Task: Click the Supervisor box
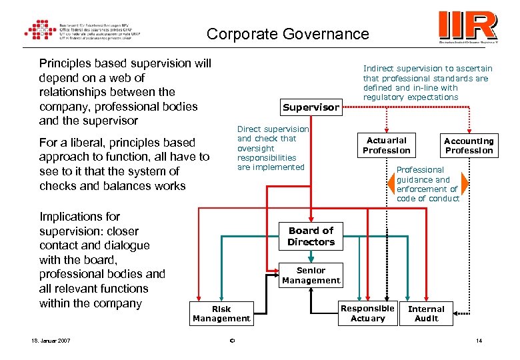[311, 107]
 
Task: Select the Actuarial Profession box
[387, 145]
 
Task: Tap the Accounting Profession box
[469, 145]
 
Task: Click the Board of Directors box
[311, 236]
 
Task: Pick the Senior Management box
[311, 275]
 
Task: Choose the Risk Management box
[221, 313]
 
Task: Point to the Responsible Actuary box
[367, 313]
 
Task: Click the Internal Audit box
[426, 313]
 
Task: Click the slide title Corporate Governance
[287, 34]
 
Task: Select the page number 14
[478, 341]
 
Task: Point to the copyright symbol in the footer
[231, 342]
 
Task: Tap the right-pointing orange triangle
[465, 184]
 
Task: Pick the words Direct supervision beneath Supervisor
[273, 129]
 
